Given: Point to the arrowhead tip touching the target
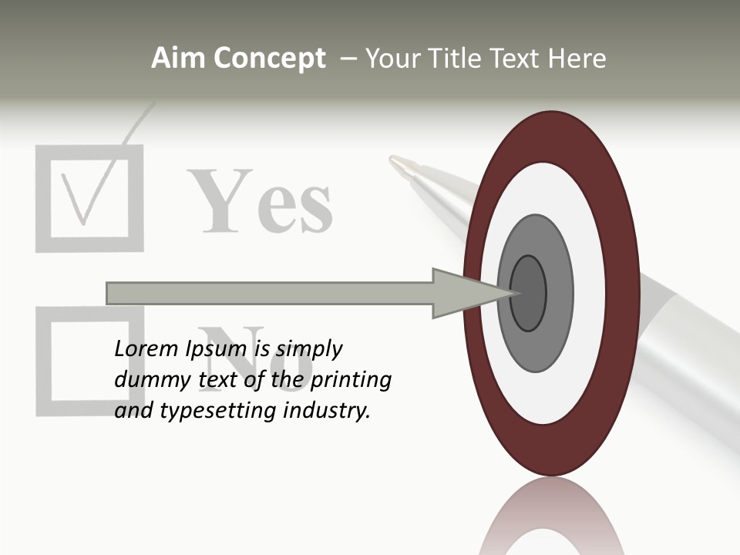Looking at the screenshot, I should (513, 293).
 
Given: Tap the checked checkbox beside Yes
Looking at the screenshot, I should (89, 198).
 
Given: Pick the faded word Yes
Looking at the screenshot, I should (262, 202).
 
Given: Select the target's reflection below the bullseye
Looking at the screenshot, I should (551, 520).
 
